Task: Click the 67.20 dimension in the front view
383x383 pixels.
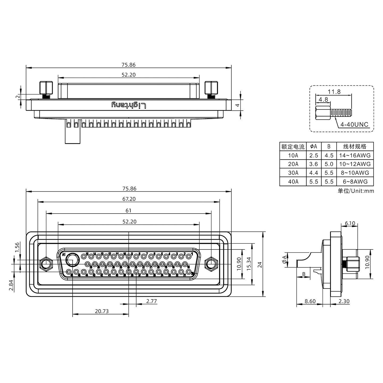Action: [x=128, y=199]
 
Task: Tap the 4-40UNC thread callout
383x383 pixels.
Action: [x=355, y=124]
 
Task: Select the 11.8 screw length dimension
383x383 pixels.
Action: [x=334, y=92]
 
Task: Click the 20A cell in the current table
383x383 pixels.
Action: [x=293, y=164]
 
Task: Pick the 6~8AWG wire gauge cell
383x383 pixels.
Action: [x=355, y=181]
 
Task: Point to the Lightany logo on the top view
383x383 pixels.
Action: [x=129, y=105]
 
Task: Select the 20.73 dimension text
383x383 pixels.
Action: [x=102, y=311]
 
